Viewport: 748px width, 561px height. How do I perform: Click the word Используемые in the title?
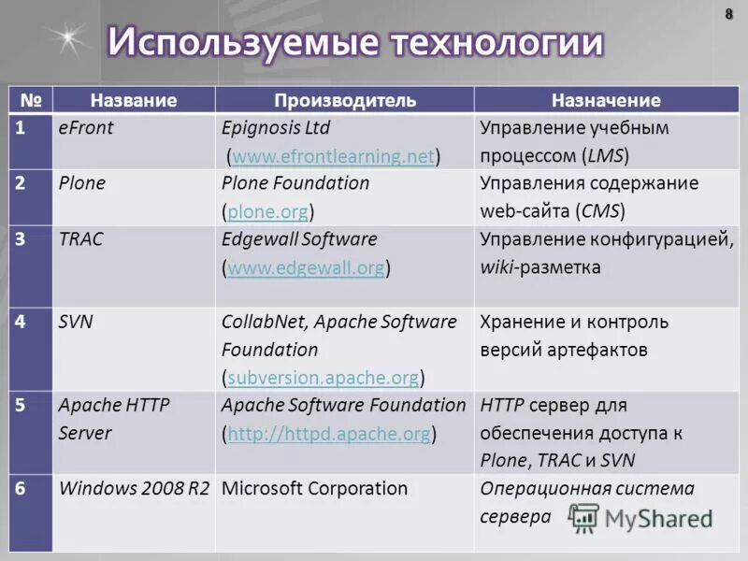pyautogui.click(x=239, y=43)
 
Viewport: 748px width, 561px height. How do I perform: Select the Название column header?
pyautogui.click(x=134, y=100)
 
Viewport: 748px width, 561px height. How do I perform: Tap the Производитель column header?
pyautogui.click(x=345, y=100)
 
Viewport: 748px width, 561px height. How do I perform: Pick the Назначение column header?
pyautogui.click(x=605, y=100)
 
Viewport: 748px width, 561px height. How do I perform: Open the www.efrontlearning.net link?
pyautogui.click(x=333, y=156)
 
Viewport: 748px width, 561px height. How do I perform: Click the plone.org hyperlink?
pyautogui.click(x=267, y=211)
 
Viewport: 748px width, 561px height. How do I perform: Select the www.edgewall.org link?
pyautogui.click(x=306, y=267)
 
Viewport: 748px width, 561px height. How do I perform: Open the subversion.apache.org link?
pyautogui.click(x=323, y=378)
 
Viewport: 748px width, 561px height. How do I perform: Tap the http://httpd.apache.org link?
pyautogui.click(x=329, y=434)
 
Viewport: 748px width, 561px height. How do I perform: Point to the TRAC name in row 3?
pyautogui.click(x=80, y=239)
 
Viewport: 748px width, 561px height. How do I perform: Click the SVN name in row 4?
pyautogui.click(x=76, y=322)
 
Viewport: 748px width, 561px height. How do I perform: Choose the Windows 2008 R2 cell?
pyautogui.click(x=134, y=488)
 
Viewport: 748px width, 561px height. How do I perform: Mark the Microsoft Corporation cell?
pyautogui.click(x=314, y=488)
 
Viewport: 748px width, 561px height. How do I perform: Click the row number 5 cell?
pyautogui.click(x=20, y=406)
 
